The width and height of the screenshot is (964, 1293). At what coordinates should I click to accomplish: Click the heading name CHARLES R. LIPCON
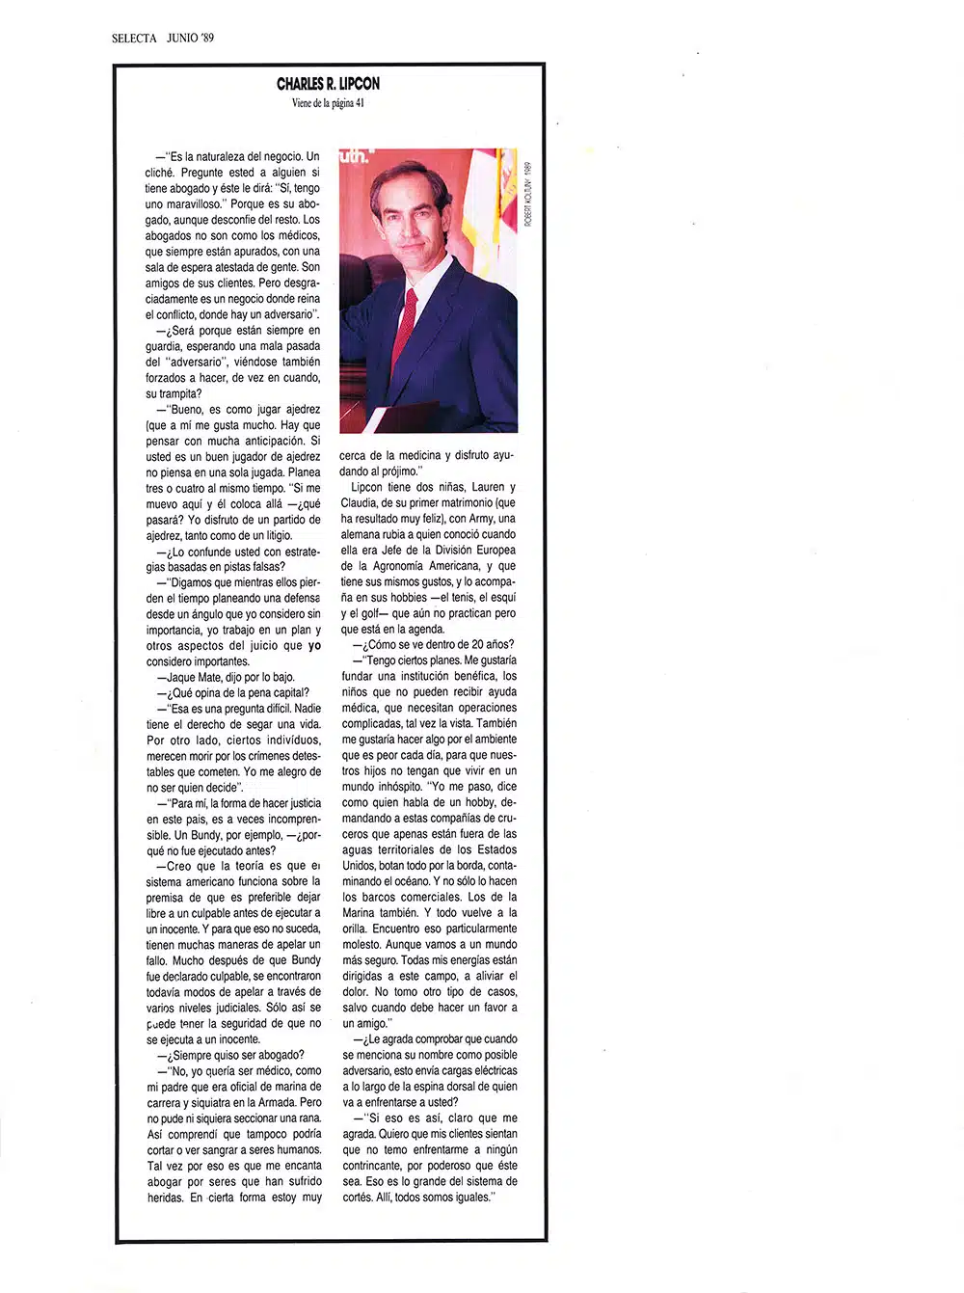[328, 84]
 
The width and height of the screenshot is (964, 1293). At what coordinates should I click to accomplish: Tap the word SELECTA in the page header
[134, 38]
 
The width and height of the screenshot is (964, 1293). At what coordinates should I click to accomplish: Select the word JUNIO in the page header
[181, 38]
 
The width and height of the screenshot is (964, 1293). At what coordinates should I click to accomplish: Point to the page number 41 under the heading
[359, 103]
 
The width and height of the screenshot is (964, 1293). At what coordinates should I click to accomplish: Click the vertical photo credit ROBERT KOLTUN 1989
[528, 192]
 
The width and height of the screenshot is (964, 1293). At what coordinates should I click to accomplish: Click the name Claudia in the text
[359, 502]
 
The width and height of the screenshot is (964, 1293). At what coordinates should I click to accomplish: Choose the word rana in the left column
[310, 1118]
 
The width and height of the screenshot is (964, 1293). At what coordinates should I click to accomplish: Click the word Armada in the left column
[275, 1102]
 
